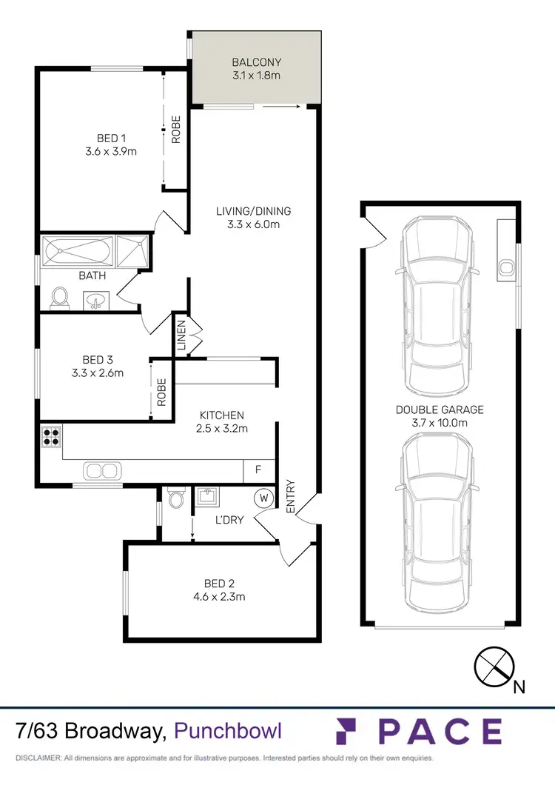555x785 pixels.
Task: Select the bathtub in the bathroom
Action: pyautogui.click(x=78, y=253)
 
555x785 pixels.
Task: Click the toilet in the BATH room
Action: pyautogui.click(x=60, y=298)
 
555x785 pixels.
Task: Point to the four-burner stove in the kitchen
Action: pyautogui.click(x=51, y=436)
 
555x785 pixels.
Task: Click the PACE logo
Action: pyautogui.click(x=420, y=731)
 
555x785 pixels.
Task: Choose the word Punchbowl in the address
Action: pyautogui.click(x=228, y=732)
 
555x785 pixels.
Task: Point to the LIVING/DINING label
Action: pyautogui.click(x=253, y=211)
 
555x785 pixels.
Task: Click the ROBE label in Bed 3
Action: pyautogui.click(x=161, y=391)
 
